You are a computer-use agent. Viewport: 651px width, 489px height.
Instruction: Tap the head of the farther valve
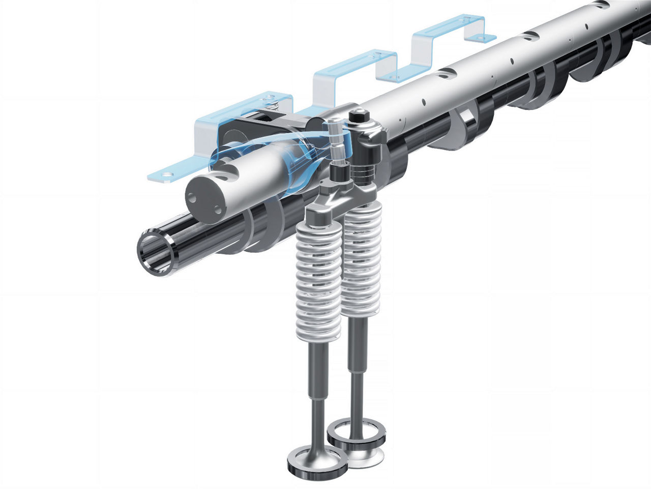click(356, 433)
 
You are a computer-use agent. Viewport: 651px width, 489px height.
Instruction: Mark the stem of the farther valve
click(354, 371)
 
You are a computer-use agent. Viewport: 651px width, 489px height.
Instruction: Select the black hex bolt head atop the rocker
click(358, 117)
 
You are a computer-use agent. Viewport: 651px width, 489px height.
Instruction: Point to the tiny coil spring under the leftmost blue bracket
click(275, 105)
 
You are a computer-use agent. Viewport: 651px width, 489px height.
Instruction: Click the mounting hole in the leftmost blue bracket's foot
click(165, 176)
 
